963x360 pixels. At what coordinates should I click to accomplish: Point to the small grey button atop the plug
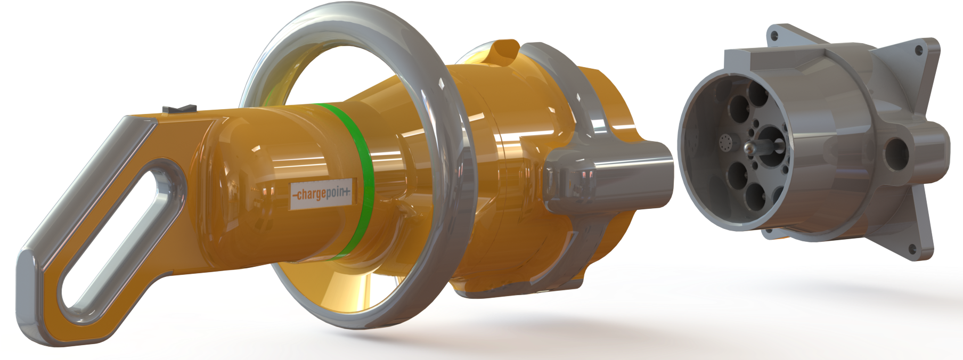(x=179, y=109)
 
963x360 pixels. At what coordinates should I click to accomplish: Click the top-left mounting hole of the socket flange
(x=774, y=36)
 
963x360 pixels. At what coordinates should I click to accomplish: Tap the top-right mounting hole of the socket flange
(x=918, y=51)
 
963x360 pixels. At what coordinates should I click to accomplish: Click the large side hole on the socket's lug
(x=897, y=151)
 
